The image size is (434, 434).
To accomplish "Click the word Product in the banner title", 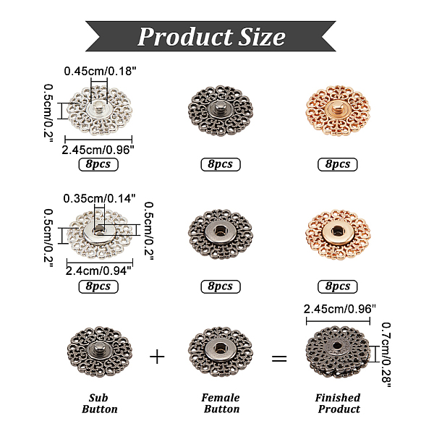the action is [185, 37].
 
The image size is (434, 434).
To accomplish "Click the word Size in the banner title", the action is [262, 37].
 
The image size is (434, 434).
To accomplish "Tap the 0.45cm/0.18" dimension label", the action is [100, 71].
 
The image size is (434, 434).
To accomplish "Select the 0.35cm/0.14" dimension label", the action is [99, 198].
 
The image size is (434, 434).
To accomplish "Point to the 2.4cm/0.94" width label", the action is [98, 271].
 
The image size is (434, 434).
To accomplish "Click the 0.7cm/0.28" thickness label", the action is [386, 354].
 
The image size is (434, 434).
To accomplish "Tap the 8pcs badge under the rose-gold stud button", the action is [337, 164].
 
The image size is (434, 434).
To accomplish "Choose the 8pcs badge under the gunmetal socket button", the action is [221, 286].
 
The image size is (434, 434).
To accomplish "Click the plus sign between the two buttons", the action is [157, 357].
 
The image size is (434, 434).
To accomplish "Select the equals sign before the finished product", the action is [279, 359].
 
